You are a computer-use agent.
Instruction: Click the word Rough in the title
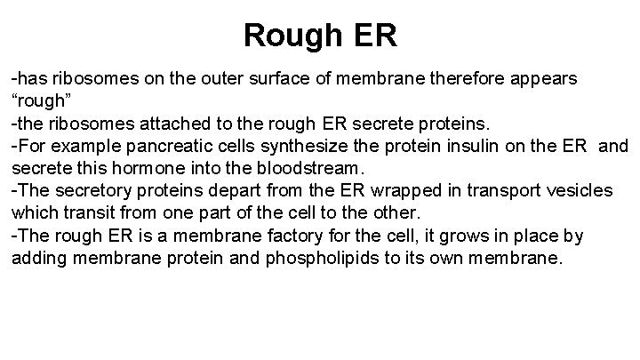click(288, 36)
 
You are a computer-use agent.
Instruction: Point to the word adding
click(37, 257)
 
